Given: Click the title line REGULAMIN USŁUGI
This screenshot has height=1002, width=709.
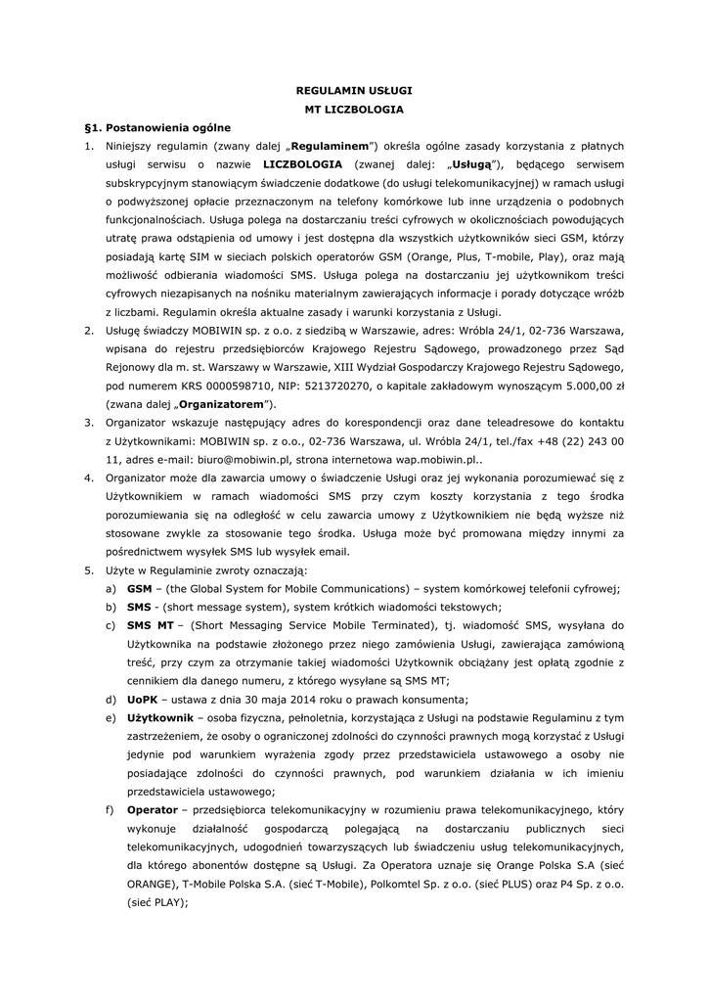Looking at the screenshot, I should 354,91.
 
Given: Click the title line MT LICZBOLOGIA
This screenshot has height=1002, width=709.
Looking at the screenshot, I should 354,110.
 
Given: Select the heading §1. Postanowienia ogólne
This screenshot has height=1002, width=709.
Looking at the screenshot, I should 158,127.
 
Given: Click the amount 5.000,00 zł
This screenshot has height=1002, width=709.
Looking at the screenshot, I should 598,385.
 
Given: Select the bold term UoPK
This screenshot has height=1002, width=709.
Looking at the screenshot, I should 142,698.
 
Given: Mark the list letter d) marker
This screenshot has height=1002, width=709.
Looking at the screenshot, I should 110,698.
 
